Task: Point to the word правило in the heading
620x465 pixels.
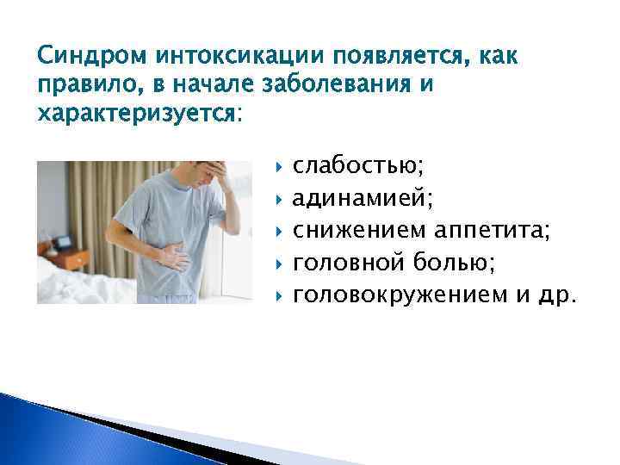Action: click(83, 86)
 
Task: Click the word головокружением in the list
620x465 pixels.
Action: click(400, 295)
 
